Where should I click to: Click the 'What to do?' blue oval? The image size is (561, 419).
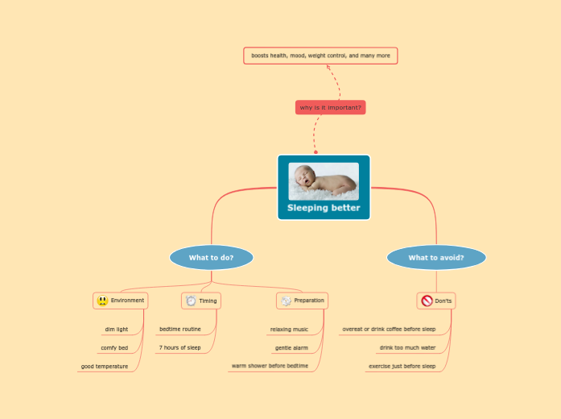[211, 258]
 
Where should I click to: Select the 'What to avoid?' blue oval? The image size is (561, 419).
[436, 258]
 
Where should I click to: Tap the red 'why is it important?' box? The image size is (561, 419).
[330, 107]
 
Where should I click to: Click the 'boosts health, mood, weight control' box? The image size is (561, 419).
[320, 56]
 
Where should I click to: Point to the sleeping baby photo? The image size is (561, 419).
[324, 181]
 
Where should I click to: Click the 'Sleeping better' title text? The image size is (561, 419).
[324, 208]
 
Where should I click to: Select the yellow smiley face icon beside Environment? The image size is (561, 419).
[102, 301]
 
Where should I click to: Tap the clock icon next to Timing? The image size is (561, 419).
[191, 301]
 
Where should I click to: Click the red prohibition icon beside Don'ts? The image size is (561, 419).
[427, 301]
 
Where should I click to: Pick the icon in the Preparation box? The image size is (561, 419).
[285, 301]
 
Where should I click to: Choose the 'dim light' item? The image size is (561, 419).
[116, 329]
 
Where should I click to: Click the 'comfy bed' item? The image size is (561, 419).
[113, 348]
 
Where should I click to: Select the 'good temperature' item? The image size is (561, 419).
[104, 367]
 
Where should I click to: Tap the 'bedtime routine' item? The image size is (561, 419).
[179, 329]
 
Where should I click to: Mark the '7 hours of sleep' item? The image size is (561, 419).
[179, 348]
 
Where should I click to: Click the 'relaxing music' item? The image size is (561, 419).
[289, 329]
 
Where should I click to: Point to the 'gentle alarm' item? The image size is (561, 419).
[291, 348]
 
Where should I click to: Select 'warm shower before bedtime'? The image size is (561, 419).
[270, 367]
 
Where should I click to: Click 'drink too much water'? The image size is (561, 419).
[407, 348]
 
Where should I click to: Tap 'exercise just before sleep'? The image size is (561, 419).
[402, 367]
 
